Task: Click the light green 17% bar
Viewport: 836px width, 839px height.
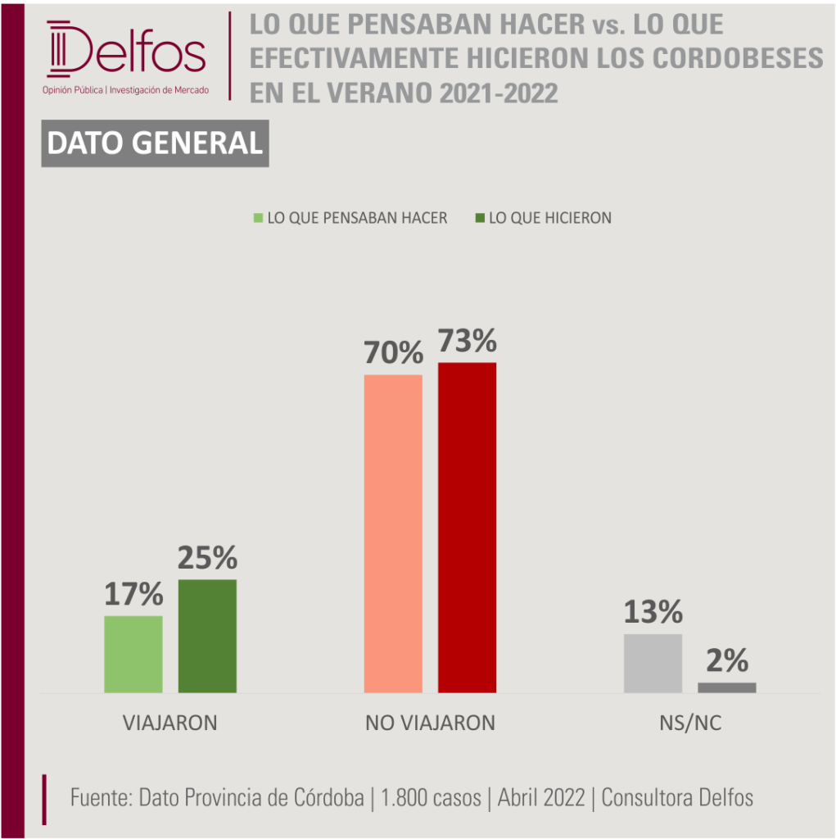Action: pyautogui.click(x=133, y=654)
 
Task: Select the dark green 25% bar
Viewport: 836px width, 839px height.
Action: pyautogui.click(x=207, y=636)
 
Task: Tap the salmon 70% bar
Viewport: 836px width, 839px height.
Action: pyautogui.click(x=393, y=533)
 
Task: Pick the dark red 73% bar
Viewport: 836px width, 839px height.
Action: pyautogui.click(x=467, y=528)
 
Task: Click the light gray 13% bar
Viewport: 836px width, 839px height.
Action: pyautogui.click(x=653, y=664)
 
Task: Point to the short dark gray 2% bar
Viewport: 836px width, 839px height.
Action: pyautogui.click(x=727, y=687)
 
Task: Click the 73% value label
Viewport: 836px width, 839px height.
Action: pyautogui.click(x=468, y=341)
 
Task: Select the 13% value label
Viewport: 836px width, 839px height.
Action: pyautogui.click(x=653, y=611)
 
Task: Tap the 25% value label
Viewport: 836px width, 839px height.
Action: pyautogui.click(x=207, y=557)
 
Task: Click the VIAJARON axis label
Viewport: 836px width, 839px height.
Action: pyautogui.click(x=170, y=723)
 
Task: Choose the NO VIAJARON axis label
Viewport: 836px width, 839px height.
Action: pyautogui.click(x=430, y=723)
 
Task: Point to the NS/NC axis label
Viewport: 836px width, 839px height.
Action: pyautogui.click(x=690, y=723)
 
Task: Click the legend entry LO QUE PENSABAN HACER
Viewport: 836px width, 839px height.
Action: pyautogui.click(x=350, y=218)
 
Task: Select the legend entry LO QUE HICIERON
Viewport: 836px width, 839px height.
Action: pyautogui.click(x=544, y=218)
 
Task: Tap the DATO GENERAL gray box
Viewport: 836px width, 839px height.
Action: pyautogui.click(x=155, y=143)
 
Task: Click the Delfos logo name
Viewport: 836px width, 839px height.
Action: pyautogui.click(x=126, y=49)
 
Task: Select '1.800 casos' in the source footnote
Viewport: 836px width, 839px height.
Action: pyautogui.click(x=431, y=797)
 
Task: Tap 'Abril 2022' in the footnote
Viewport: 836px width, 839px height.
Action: pyautogui.click(x=541, y=797)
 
